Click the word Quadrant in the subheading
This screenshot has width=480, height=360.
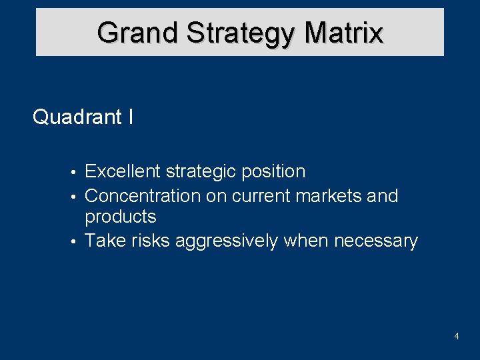coord(77,117)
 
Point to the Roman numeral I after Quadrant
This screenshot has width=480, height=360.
coord(130,117)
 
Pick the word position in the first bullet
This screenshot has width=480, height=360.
coord(273,172)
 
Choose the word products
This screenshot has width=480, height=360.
coord(121,217)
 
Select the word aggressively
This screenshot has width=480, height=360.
coord(226,241)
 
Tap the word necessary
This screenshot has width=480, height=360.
coord(376,241)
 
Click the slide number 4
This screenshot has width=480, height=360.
coord(456,337)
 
